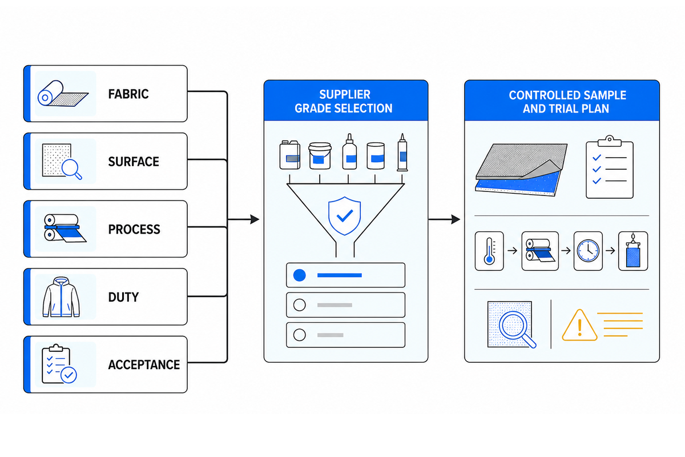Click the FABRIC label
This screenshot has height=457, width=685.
[x=128, y=94]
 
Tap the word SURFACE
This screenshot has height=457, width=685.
[x=134, y=162]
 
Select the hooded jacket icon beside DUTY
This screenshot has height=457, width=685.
[x=61, y=297]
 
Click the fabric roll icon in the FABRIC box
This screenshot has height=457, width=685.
[x=63, y=93]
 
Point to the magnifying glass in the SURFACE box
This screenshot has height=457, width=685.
[x=72, y=169]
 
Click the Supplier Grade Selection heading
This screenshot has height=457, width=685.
[x=344, y=101]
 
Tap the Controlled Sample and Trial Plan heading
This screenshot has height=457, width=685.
[x=567, y=102]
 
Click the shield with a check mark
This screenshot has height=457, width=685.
[x=344, y=216]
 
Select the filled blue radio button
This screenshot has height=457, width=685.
[x=299, y=275]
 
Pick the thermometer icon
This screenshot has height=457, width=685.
[x=489, y=251]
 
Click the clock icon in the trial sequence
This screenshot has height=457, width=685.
[x=588, y=251]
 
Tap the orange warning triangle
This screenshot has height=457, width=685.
[x=579, y=326]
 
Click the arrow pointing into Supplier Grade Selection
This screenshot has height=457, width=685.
[x=243, y=219]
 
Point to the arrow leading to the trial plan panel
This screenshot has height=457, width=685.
[x=444, y=219]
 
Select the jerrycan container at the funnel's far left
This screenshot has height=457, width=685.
[x=289, y=155]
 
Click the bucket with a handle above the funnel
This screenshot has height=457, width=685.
[x=320, y=155]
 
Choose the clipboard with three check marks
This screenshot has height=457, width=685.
[x=609, y=167]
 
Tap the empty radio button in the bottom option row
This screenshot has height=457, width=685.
[x=299, y=335]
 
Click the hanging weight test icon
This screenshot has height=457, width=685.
[x=632, y=251]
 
